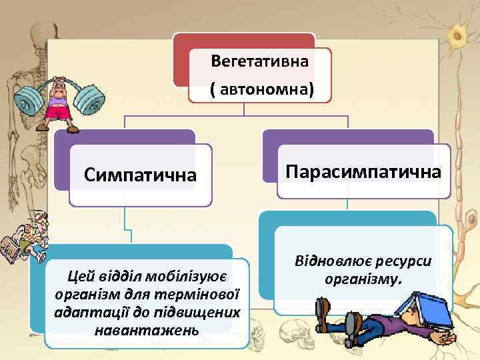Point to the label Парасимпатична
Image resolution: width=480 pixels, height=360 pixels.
click(363, 171)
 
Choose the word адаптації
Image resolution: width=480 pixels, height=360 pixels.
click(92, 311)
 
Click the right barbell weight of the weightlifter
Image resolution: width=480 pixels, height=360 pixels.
click(88, 99)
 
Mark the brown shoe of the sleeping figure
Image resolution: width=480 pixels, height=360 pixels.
click(323, 310)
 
